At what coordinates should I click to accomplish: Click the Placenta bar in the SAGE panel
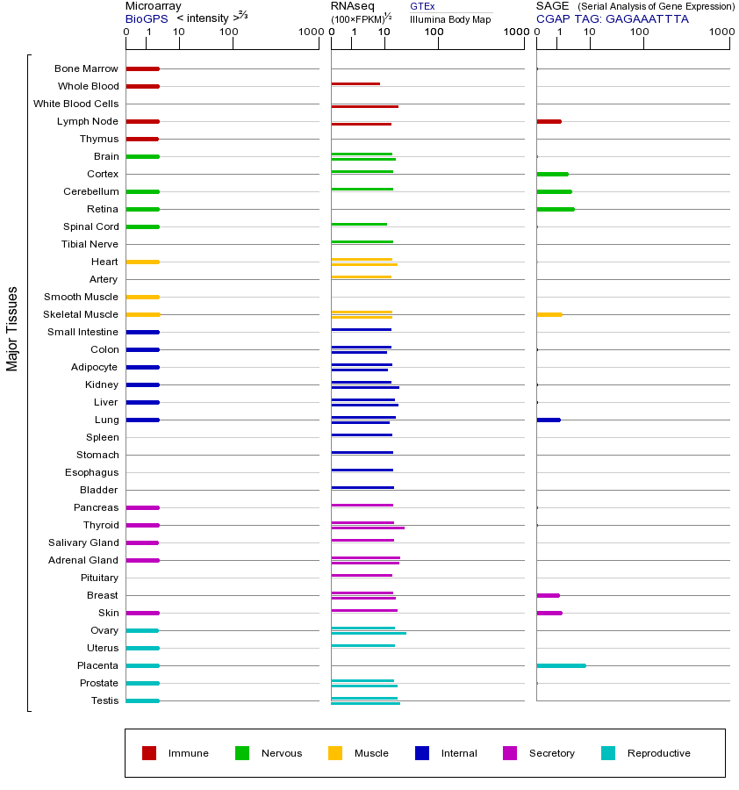[x=561, y=665]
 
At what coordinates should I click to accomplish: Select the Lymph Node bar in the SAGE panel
[x=549, y=121]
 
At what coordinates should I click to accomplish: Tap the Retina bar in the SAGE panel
[x=556, y=209]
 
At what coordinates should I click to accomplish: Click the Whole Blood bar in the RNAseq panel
[x=355, y=83]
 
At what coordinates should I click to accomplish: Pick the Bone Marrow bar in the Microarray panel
[x=142, y=68]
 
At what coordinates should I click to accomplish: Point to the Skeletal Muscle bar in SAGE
[x=549, y=314]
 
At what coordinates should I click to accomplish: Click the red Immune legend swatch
[x=149, y=753]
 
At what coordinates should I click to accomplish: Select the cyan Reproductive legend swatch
[x=608, y=753]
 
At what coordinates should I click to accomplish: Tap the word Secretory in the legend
[x=551, y=753]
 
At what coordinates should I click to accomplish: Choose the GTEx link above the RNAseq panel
[x=422, y=7]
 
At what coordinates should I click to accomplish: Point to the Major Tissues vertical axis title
[x=12, y=328]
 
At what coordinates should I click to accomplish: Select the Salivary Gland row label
[x=86, y=542]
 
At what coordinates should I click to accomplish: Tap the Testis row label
[x=104, y=700]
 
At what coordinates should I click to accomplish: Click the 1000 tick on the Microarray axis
[x=309, y=32]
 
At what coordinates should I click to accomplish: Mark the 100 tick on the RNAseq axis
[x=434, y=32]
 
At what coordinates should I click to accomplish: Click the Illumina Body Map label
[x=450, y=19]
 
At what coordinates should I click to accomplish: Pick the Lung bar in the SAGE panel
[x=548, y=420]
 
